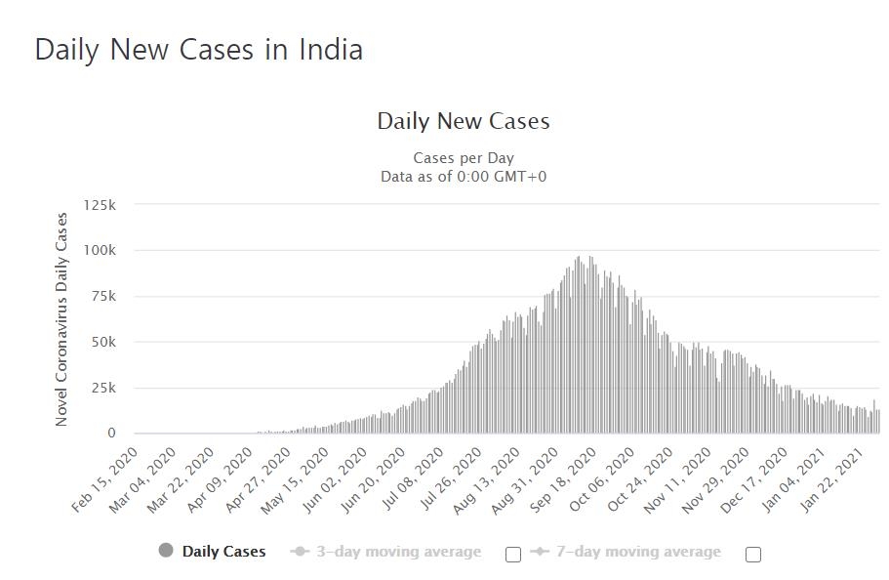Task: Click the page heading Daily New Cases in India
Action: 199,50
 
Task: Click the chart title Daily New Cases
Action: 464,122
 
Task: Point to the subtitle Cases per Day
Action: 464,158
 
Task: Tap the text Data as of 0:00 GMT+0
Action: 464,177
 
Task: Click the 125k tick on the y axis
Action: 100,205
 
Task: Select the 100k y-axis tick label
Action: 100,251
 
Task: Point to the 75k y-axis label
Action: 102,297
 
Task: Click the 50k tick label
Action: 102,343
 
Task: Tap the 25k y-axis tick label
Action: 102,389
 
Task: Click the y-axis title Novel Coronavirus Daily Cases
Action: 62,319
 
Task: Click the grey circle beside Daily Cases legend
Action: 166,551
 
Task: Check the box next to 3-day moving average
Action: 513,555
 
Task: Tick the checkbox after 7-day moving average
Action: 752,555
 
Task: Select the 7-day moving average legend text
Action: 638,552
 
